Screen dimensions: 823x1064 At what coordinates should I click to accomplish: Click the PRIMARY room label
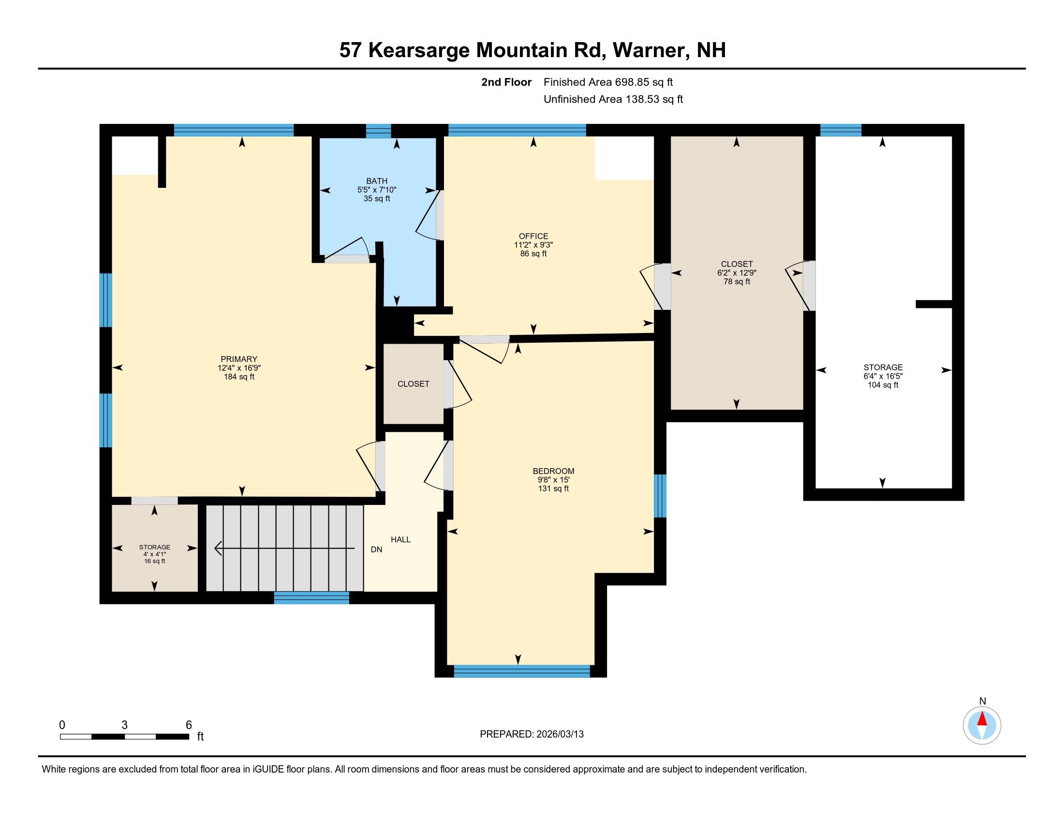point(238,359)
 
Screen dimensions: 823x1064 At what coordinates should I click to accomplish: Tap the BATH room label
point(377,181)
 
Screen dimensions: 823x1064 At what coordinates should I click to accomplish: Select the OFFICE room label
point(533,236)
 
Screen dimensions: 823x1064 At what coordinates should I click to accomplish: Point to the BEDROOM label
point(553,471)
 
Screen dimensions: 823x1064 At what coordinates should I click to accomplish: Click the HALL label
point(400,539)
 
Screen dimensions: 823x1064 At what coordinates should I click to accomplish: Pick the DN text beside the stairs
point(376,549)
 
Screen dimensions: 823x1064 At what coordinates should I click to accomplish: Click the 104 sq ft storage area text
point(883,385)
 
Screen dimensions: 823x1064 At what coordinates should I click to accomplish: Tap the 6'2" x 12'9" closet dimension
point(737,273)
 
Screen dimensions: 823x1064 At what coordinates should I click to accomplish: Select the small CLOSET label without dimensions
point(413,384)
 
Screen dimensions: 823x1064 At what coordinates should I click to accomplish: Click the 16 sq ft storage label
point(154,561)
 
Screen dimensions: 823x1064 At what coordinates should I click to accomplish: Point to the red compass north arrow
point(982,719)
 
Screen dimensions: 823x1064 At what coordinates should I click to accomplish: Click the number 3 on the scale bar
point(125,725)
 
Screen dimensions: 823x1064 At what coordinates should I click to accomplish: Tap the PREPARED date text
point(532,734)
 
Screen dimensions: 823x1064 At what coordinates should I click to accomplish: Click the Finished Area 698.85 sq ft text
point(608,82)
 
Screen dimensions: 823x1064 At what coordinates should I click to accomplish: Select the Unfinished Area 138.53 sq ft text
point(613,99)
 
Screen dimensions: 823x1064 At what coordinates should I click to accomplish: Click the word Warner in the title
point(650,50)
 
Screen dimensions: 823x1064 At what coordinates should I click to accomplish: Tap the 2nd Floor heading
point(506,82)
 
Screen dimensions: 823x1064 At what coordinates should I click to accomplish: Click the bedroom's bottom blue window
point(522,671)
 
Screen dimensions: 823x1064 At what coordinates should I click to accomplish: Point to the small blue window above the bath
point(379,131)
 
